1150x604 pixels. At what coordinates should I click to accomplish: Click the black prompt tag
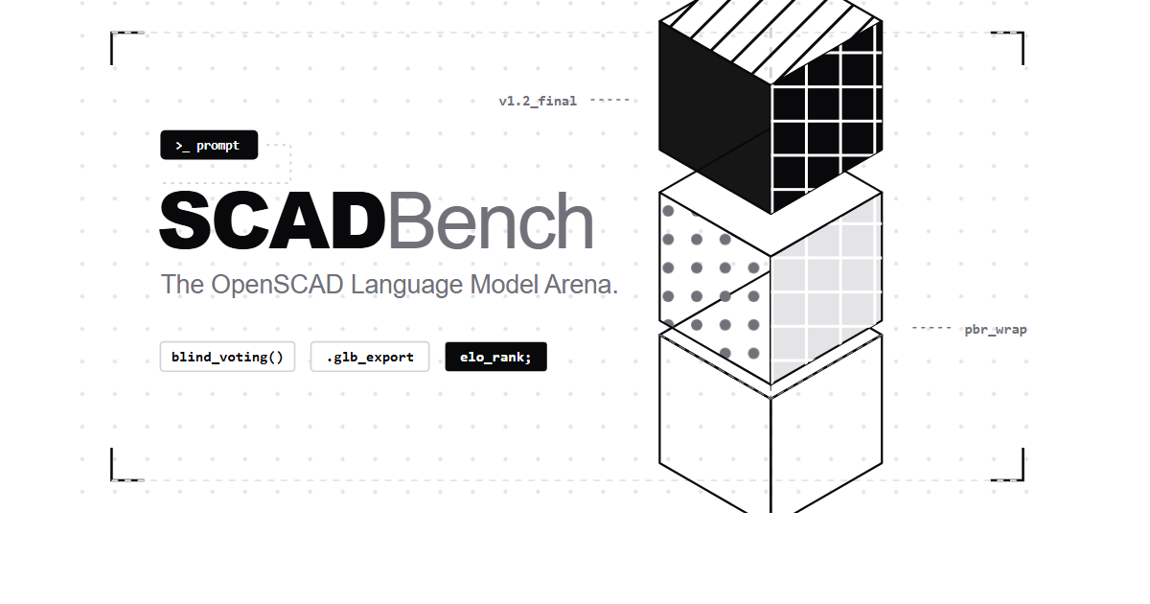[x=209, y=145]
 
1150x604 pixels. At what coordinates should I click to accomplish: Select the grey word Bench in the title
[x=490, y=222]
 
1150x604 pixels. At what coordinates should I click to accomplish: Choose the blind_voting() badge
[x=227, y=357]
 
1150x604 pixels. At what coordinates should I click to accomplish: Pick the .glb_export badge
[x=370, y=357]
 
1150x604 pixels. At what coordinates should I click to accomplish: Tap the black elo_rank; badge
[x=495, y=357]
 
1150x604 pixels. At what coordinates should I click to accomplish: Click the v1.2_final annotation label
[x=538, y=101]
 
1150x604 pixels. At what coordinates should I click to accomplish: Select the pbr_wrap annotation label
[x=995, y=330]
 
